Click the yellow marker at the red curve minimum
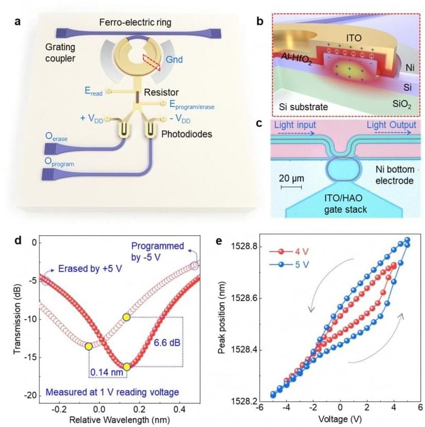[126, 367]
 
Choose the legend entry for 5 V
[290, 266]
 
